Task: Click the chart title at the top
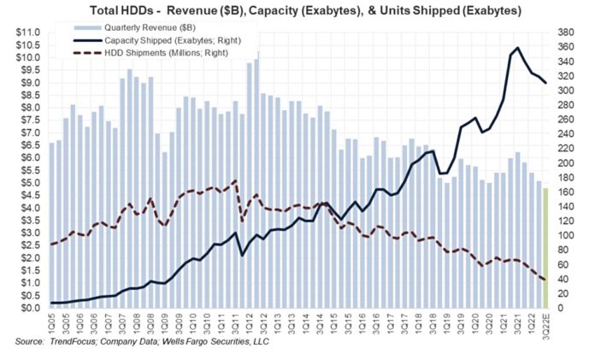(x=297, y=10)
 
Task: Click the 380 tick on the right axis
(x=568, y=32)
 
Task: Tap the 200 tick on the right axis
(x=568, y=162)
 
